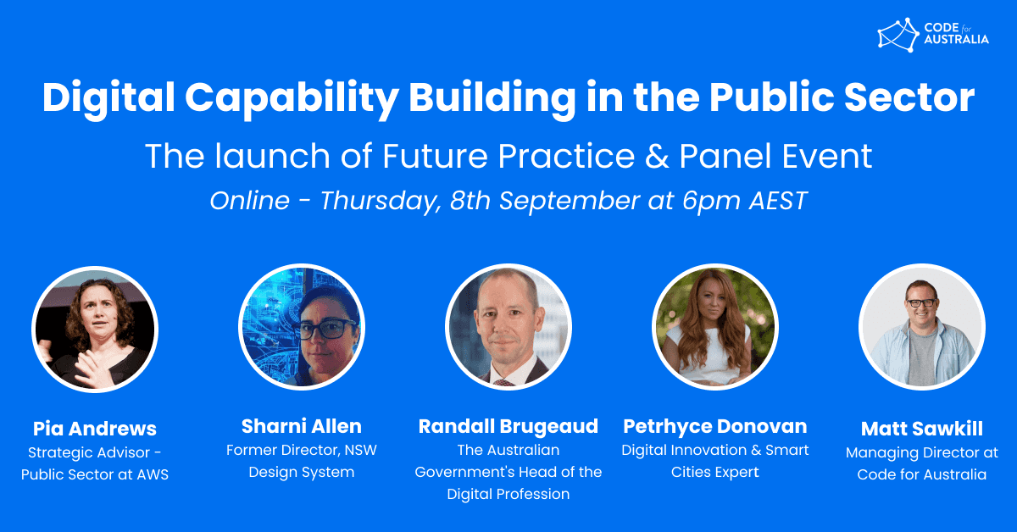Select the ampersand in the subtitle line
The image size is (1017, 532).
657,156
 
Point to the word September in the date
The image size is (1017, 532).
570,201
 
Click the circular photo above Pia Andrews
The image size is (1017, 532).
95,330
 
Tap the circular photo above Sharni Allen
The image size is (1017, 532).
302,327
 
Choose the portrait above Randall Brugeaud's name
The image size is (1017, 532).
508,327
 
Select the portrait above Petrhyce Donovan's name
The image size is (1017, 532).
715,327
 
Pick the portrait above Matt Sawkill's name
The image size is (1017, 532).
922,327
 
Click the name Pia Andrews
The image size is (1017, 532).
95,429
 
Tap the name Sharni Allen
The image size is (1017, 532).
302,426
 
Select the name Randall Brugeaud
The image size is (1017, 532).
508,427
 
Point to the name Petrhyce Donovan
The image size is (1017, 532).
715,427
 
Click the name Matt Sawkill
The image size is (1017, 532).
922,429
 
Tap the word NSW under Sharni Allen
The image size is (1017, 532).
360,451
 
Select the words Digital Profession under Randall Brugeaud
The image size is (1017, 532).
508,494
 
